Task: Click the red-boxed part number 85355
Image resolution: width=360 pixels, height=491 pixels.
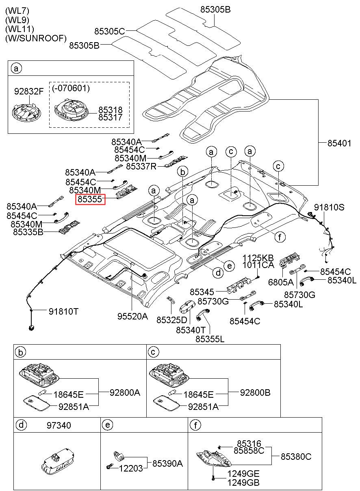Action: click(90, 199)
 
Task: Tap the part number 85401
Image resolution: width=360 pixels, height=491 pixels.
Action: click(339, 144)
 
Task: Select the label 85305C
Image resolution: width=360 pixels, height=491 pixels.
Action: click(110, 31)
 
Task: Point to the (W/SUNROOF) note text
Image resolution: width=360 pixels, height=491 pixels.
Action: click(36, 39)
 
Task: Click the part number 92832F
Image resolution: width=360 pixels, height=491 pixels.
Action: click(29, 91)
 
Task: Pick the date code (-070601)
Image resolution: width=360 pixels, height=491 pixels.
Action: click(71, 88)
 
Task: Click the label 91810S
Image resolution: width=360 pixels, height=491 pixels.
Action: click(329, 207)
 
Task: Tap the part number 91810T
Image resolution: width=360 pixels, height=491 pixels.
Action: click(64, 311)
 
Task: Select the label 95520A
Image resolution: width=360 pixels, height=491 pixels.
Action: click(133, 316)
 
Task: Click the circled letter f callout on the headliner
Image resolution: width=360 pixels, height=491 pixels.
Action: click(280, 237)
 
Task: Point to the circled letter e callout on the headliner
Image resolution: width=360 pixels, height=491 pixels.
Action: click(229, 266)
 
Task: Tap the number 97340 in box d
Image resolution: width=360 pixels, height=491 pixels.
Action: click(59, 425)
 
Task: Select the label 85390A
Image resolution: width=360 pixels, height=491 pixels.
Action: click(167, 463)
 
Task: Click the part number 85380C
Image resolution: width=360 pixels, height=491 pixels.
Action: click(296, 457)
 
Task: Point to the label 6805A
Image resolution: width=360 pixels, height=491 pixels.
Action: click(281, 282)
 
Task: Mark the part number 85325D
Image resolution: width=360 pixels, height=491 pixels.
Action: click(172, 320)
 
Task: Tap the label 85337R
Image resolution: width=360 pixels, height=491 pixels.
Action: click(141, 167)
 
